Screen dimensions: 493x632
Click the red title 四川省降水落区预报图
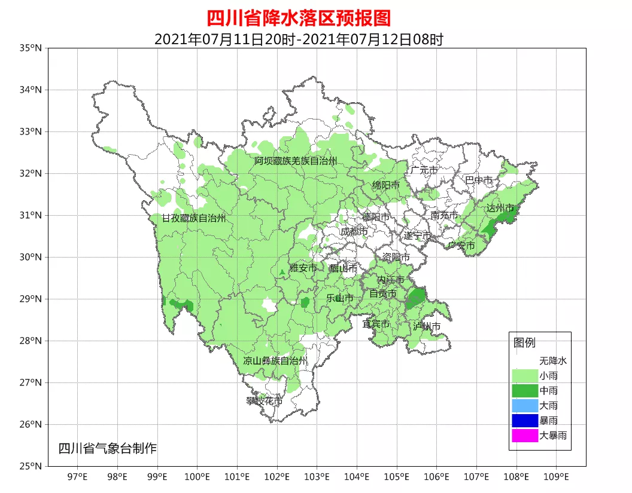click(298, 18)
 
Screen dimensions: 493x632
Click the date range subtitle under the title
click(298, 39)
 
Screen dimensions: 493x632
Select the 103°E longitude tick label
click(317, 476)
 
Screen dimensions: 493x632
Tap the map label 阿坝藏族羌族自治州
click(295, 161)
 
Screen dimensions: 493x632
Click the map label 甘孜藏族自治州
click(194, 219)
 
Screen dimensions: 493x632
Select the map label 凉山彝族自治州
click(275, 361)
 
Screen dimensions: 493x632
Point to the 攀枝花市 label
click(264, 401)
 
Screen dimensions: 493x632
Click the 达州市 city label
click(500, 208)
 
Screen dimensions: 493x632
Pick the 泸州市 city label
click(426, 326)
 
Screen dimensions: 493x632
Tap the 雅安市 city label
click(303, 268)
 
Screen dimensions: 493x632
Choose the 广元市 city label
click(424, 170)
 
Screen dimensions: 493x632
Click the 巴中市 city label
click(479, 180)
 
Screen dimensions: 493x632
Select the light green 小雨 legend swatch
click(524, 376)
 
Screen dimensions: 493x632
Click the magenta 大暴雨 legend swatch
click(524, 436)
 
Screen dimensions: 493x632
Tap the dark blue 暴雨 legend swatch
click(524, 421)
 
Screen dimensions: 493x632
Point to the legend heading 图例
click(524, 343)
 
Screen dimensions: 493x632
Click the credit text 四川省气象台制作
click(107, 448)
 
